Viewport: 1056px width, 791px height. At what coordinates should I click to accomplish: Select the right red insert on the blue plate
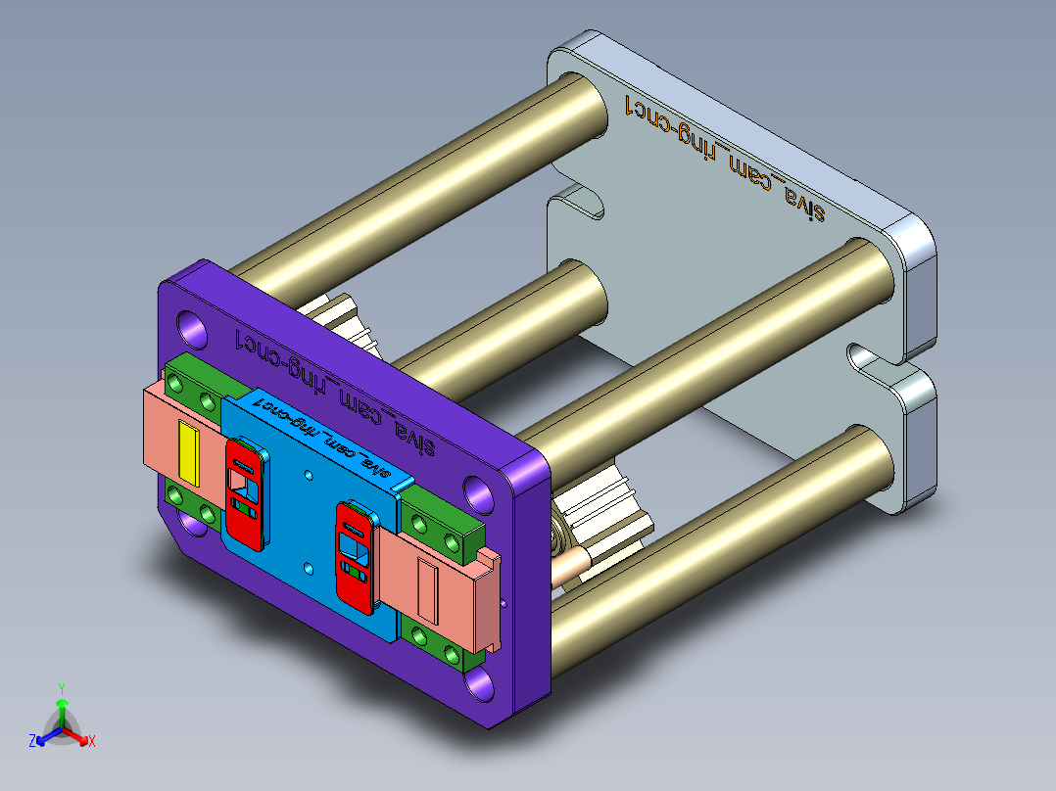355,554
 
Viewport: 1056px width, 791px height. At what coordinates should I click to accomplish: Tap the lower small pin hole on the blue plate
309,566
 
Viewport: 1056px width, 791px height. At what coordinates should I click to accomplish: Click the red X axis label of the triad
92,742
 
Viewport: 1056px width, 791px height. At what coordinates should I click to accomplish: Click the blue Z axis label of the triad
32,742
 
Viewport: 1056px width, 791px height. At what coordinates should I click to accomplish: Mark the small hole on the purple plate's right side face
504,604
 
